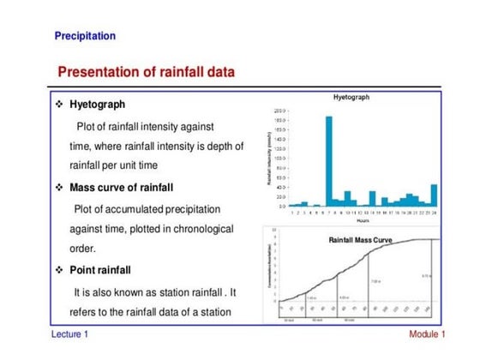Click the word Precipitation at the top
tap(85, 36)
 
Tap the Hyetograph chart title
tap(351, 99)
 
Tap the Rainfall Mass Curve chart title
tap(360, 241)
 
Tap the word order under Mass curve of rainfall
tap(81, 249)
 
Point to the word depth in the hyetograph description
tap(218, 146)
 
